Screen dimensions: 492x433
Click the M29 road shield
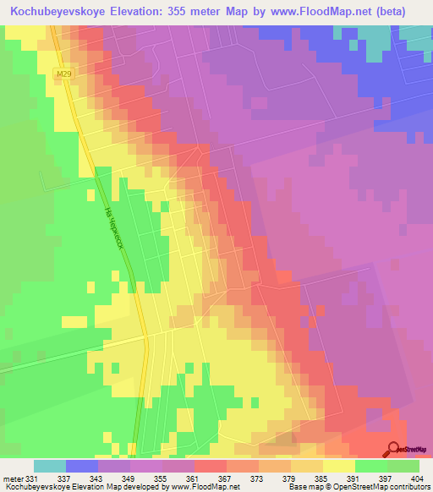pos(63,74)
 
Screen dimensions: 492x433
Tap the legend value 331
pos(32,479)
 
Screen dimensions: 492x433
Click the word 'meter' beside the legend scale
pos(12,479)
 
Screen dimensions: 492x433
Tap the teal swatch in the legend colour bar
pos(49,466)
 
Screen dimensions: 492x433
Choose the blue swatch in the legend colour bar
pos(81,466)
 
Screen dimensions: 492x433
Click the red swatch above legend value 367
pos(210,466)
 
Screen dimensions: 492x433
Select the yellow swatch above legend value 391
pos(339,466)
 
